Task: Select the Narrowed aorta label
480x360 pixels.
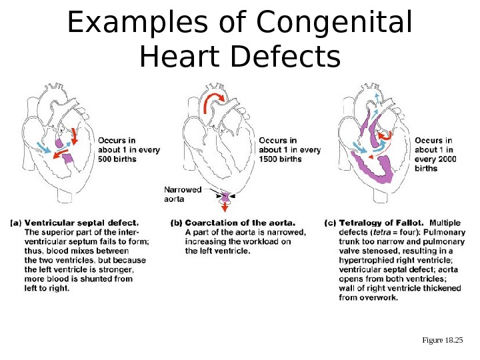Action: pyautogui.click(x=182, y=193)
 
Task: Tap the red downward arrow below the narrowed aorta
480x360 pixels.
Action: pyautogui.click(x=226, y=207)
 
